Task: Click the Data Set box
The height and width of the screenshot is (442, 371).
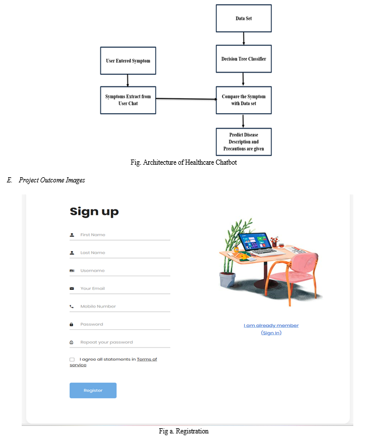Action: [244, 18]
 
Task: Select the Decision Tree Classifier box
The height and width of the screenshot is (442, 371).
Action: [244, 59]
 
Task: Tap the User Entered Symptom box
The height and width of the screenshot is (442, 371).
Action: [128, 61]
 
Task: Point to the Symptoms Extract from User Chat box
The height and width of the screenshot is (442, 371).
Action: [128, 100]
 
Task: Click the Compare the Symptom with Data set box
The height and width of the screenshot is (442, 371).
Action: [244, 100]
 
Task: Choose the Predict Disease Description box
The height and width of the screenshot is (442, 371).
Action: [244, 142]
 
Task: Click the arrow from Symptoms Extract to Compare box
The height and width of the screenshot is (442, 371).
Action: [186, 99]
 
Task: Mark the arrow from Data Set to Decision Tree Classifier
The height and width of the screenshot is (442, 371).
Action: [244, 39]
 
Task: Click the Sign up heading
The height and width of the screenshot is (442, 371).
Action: [94, 212]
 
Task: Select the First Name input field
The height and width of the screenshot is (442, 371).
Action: [120, 235]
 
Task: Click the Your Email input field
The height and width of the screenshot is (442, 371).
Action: [120, 288]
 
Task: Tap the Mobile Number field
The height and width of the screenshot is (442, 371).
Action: [120, 306]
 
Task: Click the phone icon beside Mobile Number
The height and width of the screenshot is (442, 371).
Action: [72, 306]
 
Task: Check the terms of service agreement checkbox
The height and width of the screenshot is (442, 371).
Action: [72, 360]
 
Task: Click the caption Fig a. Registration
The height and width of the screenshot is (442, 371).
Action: [184, 431]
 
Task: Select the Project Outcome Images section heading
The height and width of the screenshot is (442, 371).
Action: [52, 180]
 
